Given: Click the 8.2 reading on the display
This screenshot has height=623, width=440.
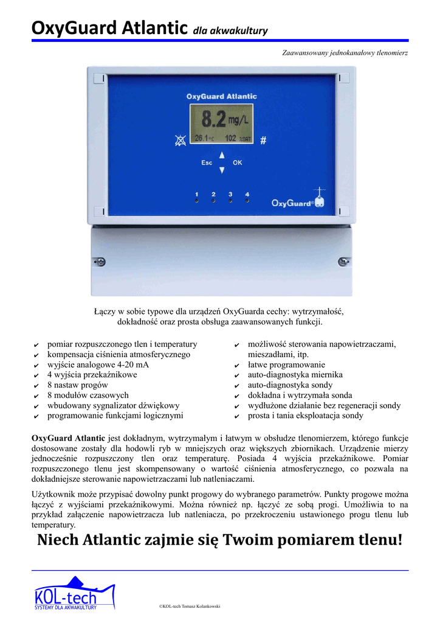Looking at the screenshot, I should click(x=213, y=117).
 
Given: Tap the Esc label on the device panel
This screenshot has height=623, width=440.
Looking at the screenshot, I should click(x=207, y=162).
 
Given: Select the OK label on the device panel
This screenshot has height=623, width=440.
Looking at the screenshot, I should click(x=237, y=162).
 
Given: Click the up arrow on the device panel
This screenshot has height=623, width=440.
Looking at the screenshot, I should click(x=222, y=155).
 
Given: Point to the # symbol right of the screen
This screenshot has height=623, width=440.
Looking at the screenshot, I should click(x=263, y=141).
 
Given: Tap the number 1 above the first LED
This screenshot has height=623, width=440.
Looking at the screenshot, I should click(x=196, y=194).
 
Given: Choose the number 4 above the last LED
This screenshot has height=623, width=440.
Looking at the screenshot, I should click(x=247, y=194).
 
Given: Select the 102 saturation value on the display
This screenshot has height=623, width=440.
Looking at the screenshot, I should click(x=230, y=139).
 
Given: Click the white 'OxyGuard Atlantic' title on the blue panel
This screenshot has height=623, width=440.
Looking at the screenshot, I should click(x=221, y=96).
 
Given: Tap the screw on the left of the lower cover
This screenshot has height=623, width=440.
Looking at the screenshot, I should click(x=101, y=262).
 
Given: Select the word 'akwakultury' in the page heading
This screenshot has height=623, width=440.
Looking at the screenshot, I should click(x=239, y=31).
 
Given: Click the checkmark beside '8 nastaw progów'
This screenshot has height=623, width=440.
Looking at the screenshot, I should click(x=36, y=386).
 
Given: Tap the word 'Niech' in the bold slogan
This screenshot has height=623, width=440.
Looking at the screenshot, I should click(x=58, y=540).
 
